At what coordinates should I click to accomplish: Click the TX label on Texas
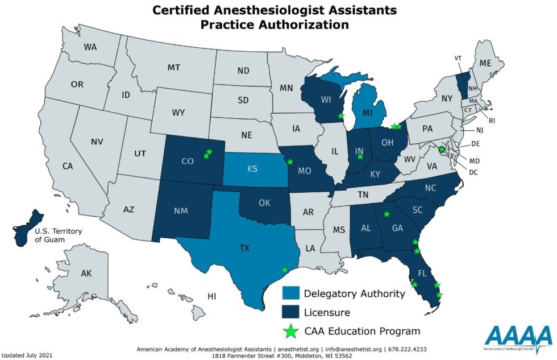[x=245, y=248]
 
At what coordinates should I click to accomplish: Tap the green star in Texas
[x=285, y=270]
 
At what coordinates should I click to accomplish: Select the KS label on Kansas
[x=252, y=169]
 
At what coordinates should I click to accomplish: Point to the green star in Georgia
[x=386, y=214]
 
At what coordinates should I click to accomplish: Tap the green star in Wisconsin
[x=341, y=115]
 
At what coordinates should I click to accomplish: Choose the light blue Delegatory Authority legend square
[x=291, y=293]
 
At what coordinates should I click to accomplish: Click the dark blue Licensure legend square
[x=291, y=312]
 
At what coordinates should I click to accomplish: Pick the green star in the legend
[x=291, y=330]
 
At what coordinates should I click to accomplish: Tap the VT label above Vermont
[x=458, y=58]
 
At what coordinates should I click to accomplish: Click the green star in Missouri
[x=290, y=162]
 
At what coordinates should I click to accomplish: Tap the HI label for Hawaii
[x=213, y=296]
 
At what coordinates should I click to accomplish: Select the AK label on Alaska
[x=86, y=274]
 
